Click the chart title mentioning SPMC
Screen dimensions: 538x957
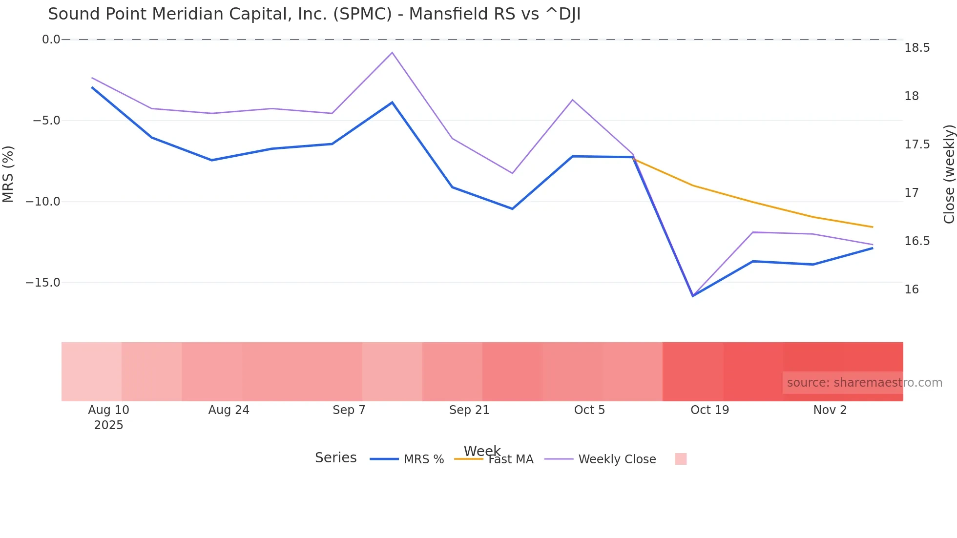tap(314, 14)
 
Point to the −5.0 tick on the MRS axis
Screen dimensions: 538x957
tap(46, 121)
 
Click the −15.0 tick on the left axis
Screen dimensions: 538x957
tap(43, 283)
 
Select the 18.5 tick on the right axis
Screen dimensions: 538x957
tap(917, 48)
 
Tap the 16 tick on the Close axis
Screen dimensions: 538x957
tap(911, 290)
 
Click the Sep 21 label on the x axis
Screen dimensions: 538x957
tap(469, 410)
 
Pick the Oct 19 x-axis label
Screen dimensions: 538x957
tap(709, 410)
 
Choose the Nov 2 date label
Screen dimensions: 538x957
tap(830, 410)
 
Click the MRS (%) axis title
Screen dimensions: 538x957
tap(8, 174)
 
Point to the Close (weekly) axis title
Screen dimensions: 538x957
tap(949, 174)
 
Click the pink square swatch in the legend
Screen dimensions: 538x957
tap(681, 459)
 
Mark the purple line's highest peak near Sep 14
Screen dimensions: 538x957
tap(392, 53)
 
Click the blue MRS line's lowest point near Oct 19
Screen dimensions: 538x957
tap(693, 296)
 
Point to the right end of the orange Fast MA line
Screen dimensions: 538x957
tap(873, 227)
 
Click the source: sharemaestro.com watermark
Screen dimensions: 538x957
tap(864, 383)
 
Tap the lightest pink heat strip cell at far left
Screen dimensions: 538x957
tap(91, 372)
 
